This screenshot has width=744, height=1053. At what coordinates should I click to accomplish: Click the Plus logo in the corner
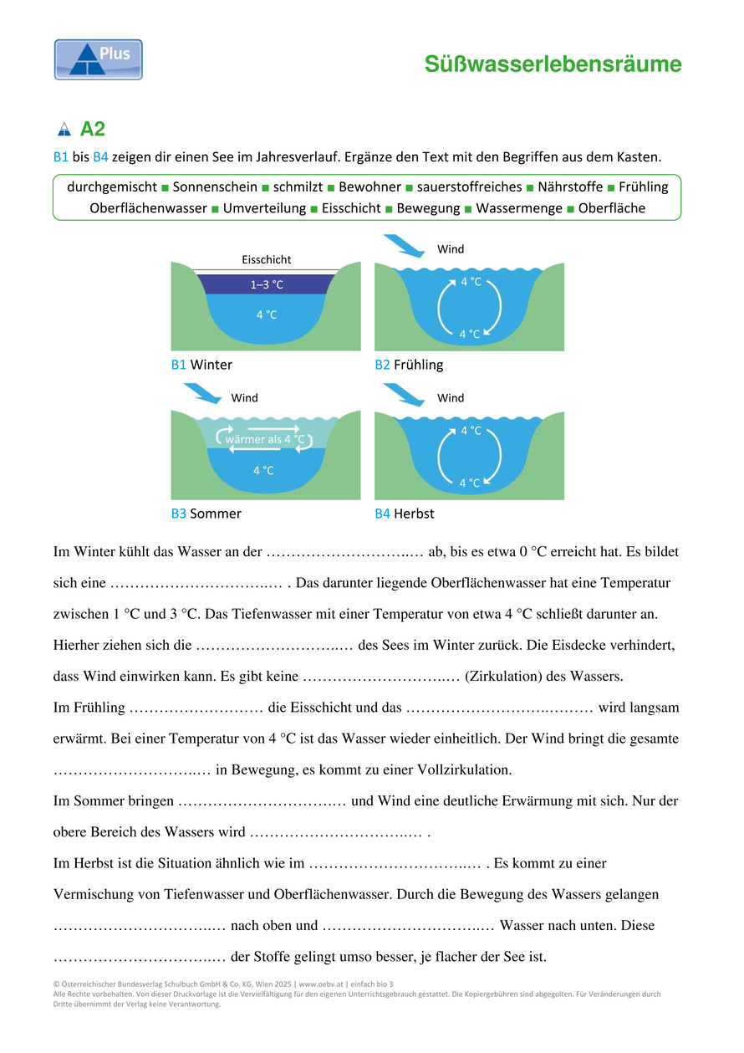click(99, 59)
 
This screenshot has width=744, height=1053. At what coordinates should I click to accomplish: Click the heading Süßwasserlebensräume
click(553, 64)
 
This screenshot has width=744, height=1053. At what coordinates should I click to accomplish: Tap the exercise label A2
click(92, 130)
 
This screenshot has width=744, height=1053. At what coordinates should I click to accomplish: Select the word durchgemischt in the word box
click(111, 187)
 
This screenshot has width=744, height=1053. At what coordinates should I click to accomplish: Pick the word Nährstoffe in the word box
click(570, 187)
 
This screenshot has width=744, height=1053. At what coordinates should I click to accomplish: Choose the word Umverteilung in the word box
click(264, 208)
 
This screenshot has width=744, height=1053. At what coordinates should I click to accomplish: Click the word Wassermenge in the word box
click(519, 208)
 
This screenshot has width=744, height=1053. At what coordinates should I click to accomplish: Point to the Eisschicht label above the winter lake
click(267, 260)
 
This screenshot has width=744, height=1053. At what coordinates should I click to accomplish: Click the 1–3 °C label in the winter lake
click(267, 284)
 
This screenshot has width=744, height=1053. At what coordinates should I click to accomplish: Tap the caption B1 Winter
click(201, 365)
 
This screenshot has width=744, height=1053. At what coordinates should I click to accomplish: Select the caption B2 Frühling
click(409, 365)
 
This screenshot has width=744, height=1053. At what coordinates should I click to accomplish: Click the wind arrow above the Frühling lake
click(403, 246)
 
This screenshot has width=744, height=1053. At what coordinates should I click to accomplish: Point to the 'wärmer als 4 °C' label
click(264, 439)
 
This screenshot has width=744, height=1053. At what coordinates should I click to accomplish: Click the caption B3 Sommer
click(206, 514)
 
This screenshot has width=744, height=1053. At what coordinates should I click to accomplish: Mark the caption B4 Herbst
click(405, 514)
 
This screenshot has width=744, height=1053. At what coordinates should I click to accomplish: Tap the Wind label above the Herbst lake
click(451, 398)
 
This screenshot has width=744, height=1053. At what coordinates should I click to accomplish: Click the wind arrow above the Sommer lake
click(201, 393)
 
